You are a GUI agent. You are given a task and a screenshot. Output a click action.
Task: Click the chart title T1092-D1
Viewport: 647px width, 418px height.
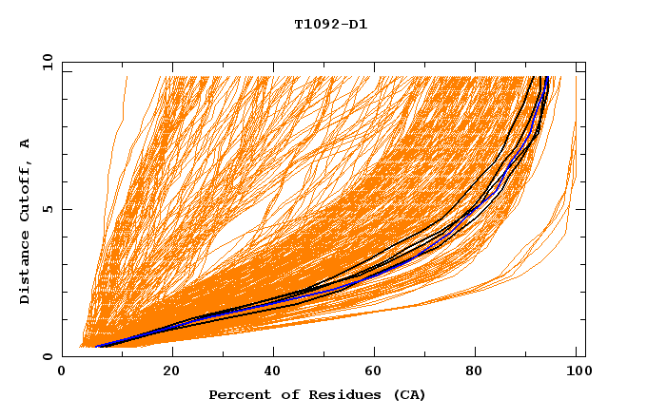pyautogui.click(x=330, y=24)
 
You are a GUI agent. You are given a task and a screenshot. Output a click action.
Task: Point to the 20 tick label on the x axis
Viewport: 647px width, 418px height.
pyautogui.click(x=171, y=372)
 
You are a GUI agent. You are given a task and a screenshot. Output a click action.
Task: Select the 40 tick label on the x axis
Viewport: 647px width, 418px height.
pyautogui.click(x=274, y=372)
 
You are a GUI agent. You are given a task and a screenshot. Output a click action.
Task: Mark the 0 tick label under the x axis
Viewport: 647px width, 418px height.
pyautogui.click(x=62, y=372)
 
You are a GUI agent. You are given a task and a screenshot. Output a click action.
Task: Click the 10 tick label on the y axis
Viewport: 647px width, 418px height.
pyautogui.click(x=47, y=62)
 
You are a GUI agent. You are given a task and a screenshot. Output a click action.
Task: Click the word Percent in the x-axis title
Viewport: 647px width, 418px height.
pyautogui.click(x=235, y=394)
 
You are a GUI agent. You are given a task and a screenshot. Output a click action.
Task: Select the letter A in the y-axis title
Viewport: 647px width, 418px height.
pyautogui.click(x=26, y=142)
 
